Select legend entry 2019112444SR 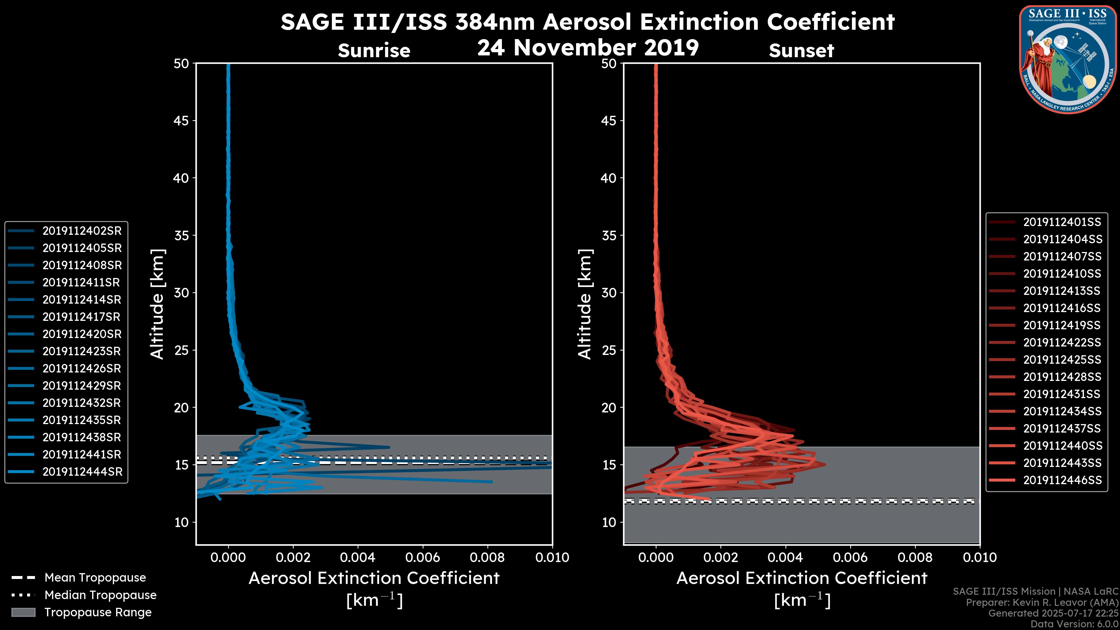(82, 472)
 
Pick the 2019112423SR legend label (82, 351)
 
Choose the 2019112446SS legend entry (1062, 480)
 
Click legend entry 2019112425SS (1062, 360)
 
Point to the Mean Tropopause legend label (95, 577)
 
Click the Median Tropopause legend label (100, 595)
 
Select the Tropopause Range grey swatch (23, 612)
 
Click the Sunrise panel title (374, 51)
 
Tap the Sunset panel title (801, 51)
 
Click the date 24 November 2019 (588, 47)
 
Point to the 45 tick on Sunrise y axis (182, 120)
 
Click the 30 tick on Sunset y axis (609, 293)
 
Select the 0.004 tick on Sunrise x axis (358, 557)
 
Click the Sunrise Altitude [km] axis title (157, 304)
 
